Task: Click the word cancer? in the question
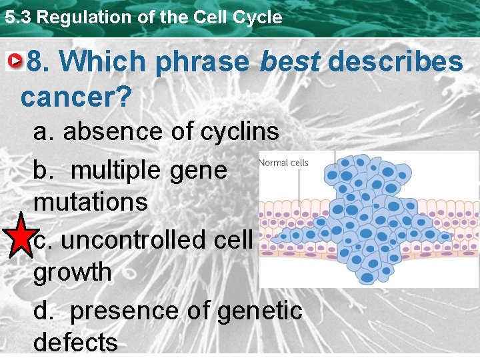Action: click(75, 97)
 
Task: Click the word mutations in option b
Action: click(90, 201)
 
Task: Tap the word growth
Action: click(73, 273)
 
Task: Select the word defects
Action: click(75, 343)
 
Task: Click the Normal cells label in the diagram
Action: click(283, 163)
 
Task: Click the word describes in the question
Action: click(395, 61)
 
